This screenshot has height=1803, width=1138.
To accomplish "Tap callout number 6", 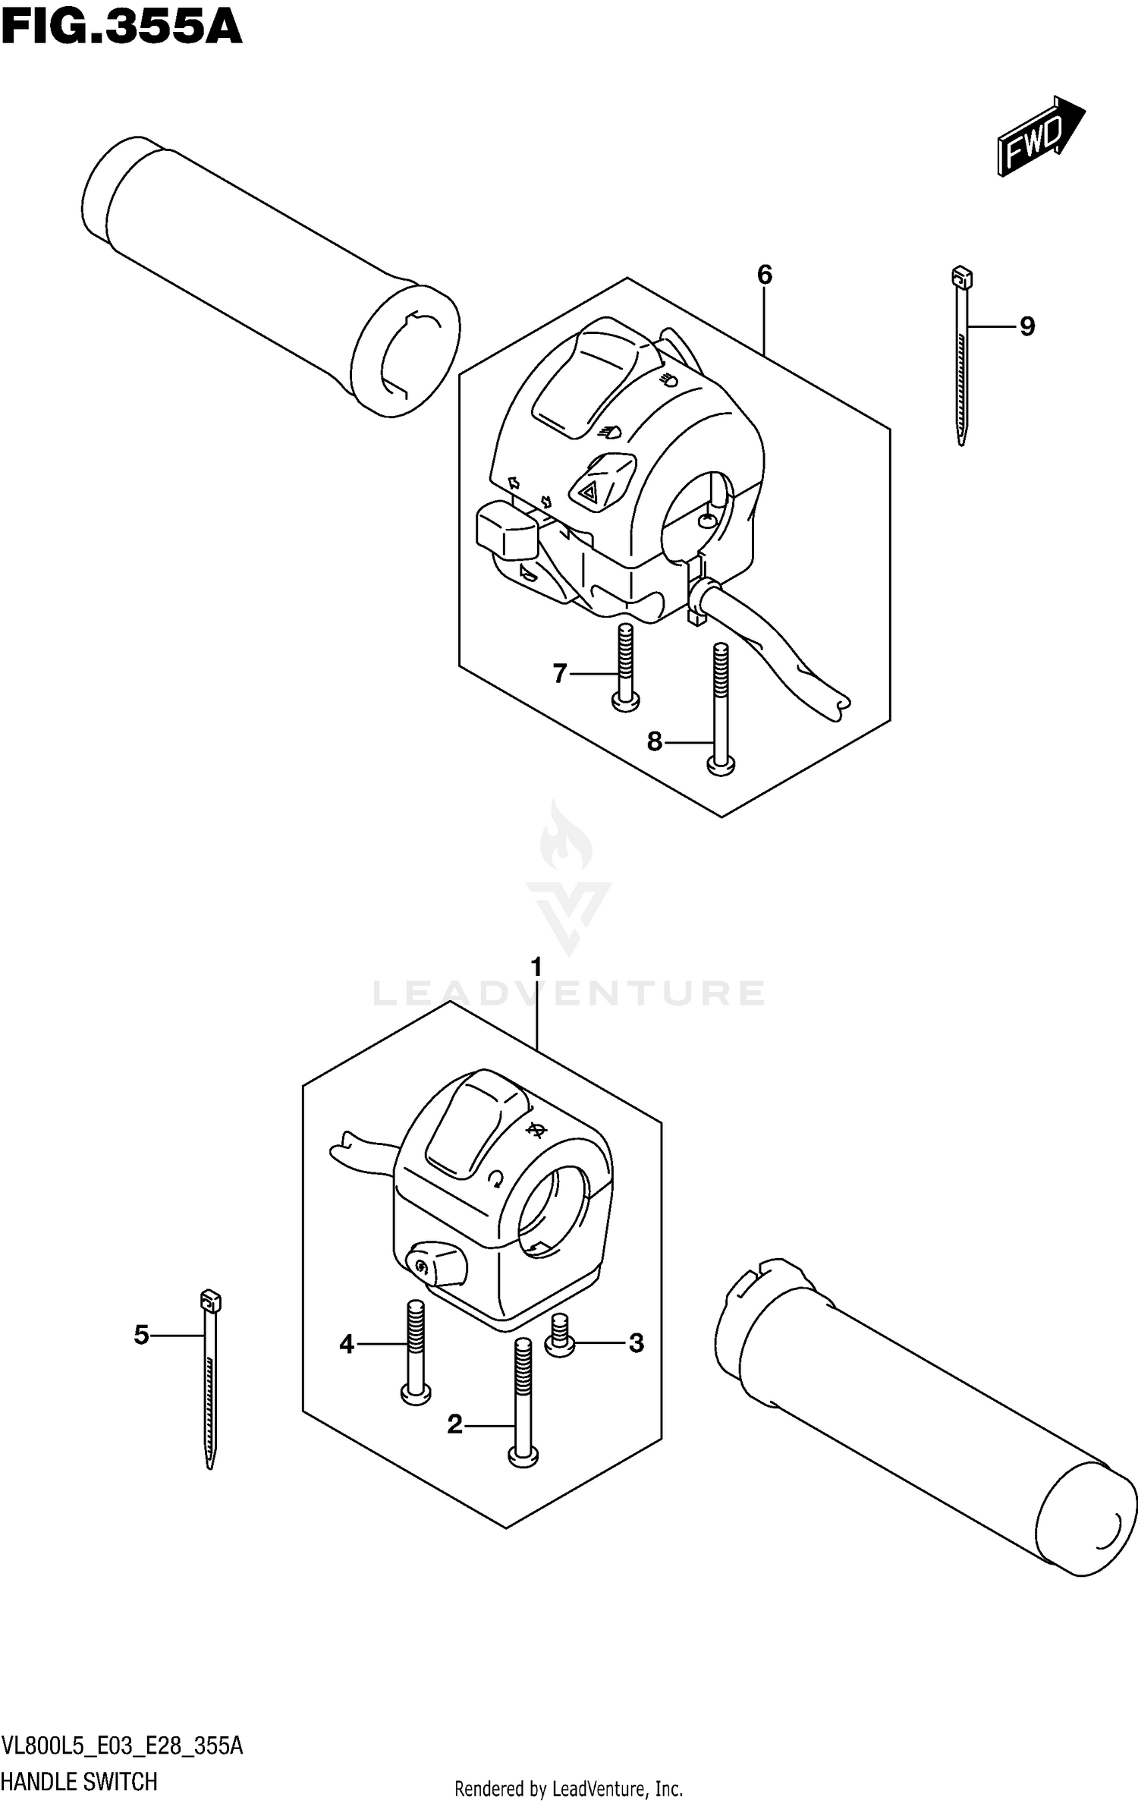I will tap(764, 275).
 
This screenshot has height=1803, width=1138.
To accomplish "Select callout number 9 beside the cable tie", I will tap(1026, 326).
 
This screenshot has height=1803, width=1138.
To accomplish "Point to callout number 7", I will tap(560, 673).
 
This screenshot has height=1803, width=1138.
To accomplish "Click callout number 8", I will tap(655, 741).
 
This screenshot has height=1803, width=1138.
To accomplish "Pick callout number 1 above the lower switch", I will tap(536, 968).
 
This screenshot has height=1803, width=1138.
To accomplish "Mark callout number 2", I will tap(454, 1424).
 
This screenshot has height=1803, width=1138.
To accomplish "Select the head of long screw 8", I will tap(721, 766).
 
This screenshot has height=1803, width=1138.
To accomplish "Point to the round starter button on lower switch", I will tap(422, 1263).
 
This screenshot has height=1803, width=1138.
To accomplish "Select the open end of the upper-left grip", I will tap(408, 351).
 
